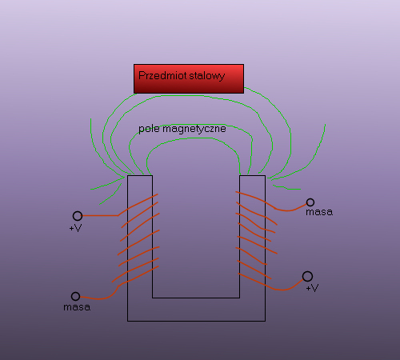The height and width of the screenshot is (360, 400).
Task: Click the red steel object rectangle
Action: (x=189, y=78)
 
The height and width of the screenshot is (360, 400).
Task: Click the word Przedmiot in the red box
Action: (x=162, y=75)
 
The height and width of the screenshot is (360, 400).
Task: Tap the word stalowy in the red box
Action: (x=207, y=76)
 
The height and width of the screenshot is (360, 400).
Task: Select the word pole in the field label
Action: (x=149, y=129)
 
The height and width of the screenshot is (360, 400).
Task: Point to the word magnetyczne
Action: (x=194, y=129)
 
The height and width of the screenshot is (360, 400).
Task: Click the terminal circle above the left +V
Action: (x=78, y=216)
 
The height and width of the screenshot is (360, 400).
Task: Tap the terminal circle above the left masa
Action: (x=75, y=296)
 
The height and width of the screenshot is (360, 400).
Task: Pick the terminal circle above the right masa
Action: (x=310, y=202)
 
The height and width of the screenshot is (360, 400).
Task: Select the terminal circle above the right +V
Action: (x=307, y=277)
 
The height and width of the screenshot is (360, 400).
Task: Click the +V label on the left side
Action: (x=75, y=228)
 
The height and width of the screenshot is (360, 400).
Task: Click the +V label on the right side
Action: (x=312, y=288)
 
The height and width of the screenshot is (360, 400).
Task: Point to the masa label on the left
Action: (x=77, y=307)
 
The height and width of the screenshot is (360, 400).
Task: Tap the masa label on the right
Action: (x=319, y=212)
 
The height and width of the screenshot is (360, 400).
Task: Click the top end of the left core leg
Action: (x=140, y=175)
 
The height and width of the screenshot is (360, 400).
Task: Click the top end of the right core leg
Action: (x=252, y=175)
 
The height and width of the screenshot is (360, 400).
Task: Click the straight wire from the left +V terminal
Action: (x=100, y=215)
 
